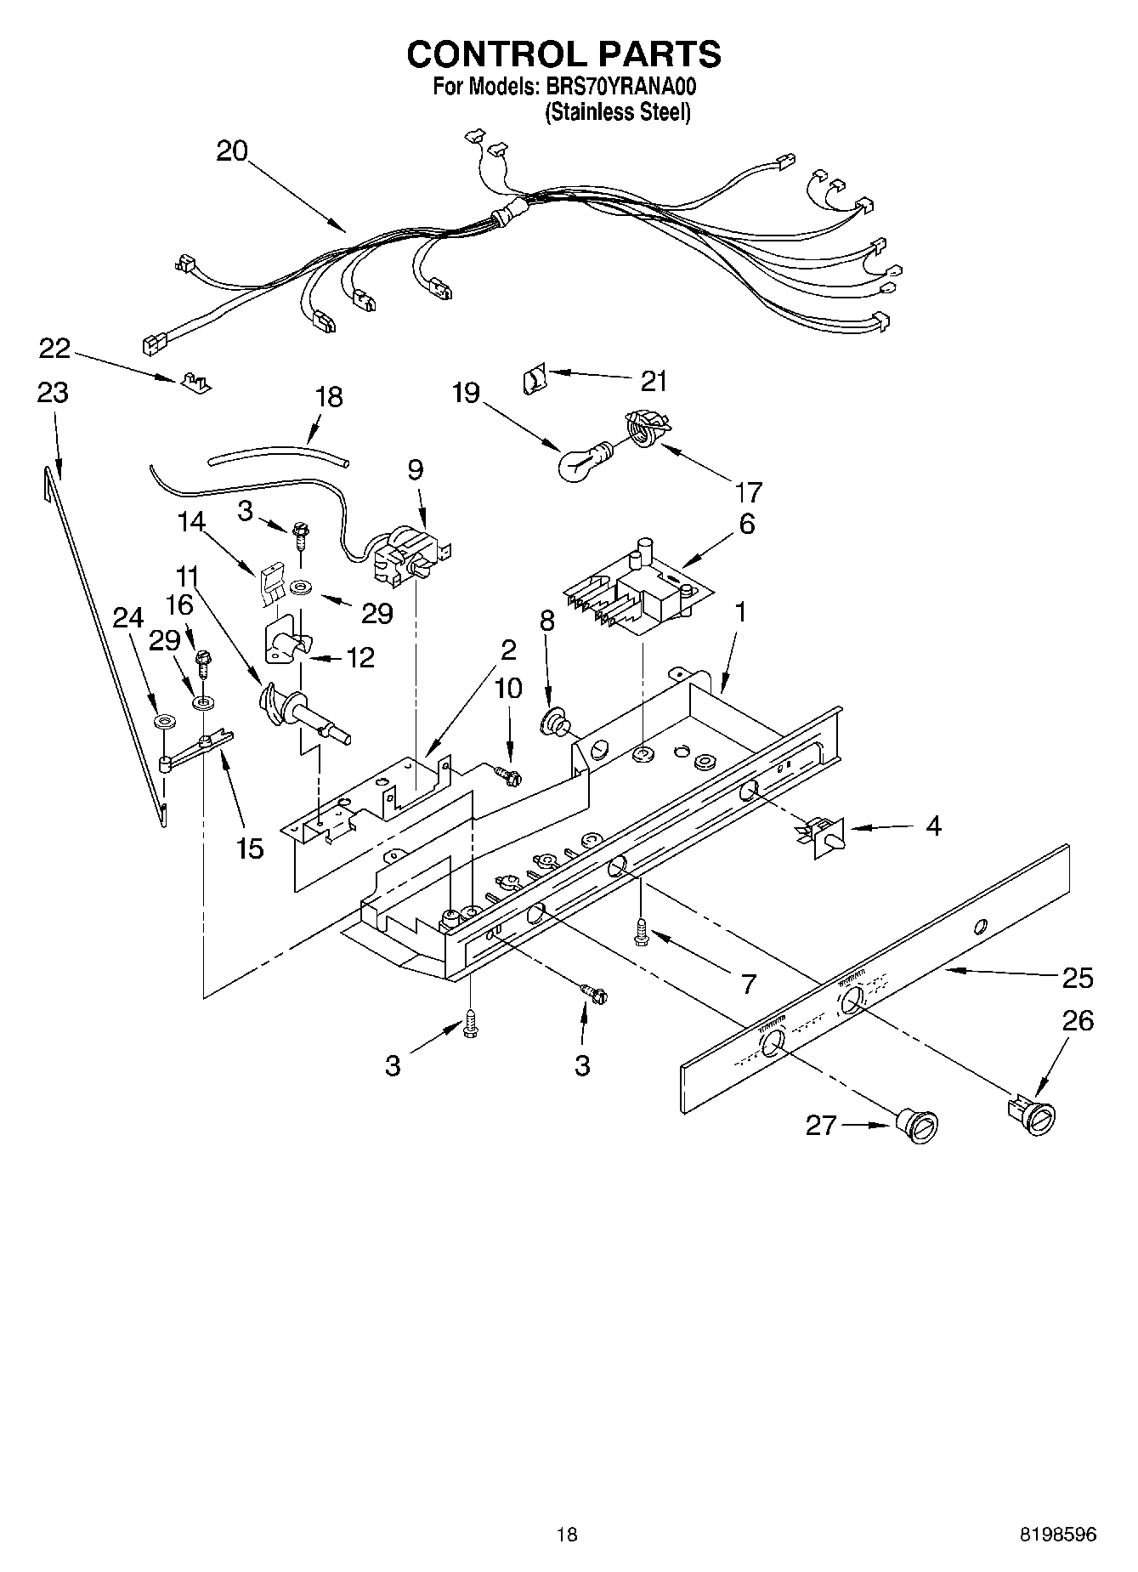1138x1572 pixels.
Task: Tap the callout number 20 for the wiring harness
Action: point(231,151)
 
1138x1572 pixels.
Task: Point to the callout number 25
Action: point(1077,978)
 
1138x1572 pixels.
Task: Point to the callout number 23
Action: point(52,393)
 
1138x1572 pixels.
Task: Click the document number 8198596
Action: point(1057,1534)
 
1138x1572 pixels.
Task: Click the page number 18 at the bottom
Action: point(567,1534)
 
